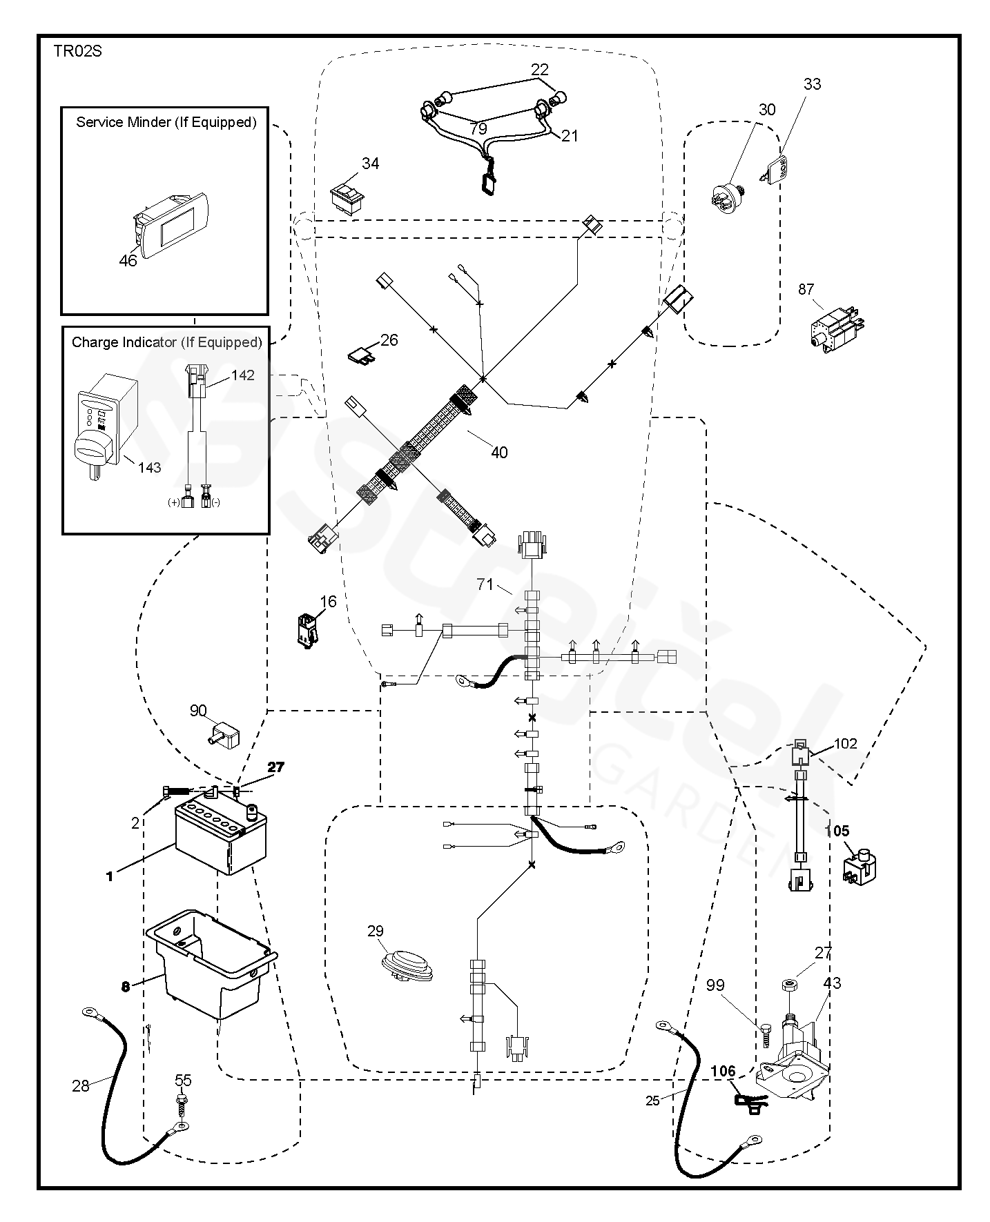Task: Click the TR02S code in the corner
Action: pos(77,52)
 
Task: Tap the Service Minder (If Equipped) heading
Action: pos(166,122)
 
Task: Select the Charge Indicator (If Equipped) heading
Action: pos(166,342)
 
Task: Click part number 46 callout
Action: pos(128,260)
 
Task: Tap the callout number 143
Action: pos(149,467)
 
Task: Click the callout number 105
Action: pos(838,831)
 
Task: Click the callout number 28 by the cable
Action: pos(80,1086)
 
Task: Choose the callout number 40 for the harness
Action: pos(498,452)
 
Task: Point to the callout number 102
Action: pos(845,743)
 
